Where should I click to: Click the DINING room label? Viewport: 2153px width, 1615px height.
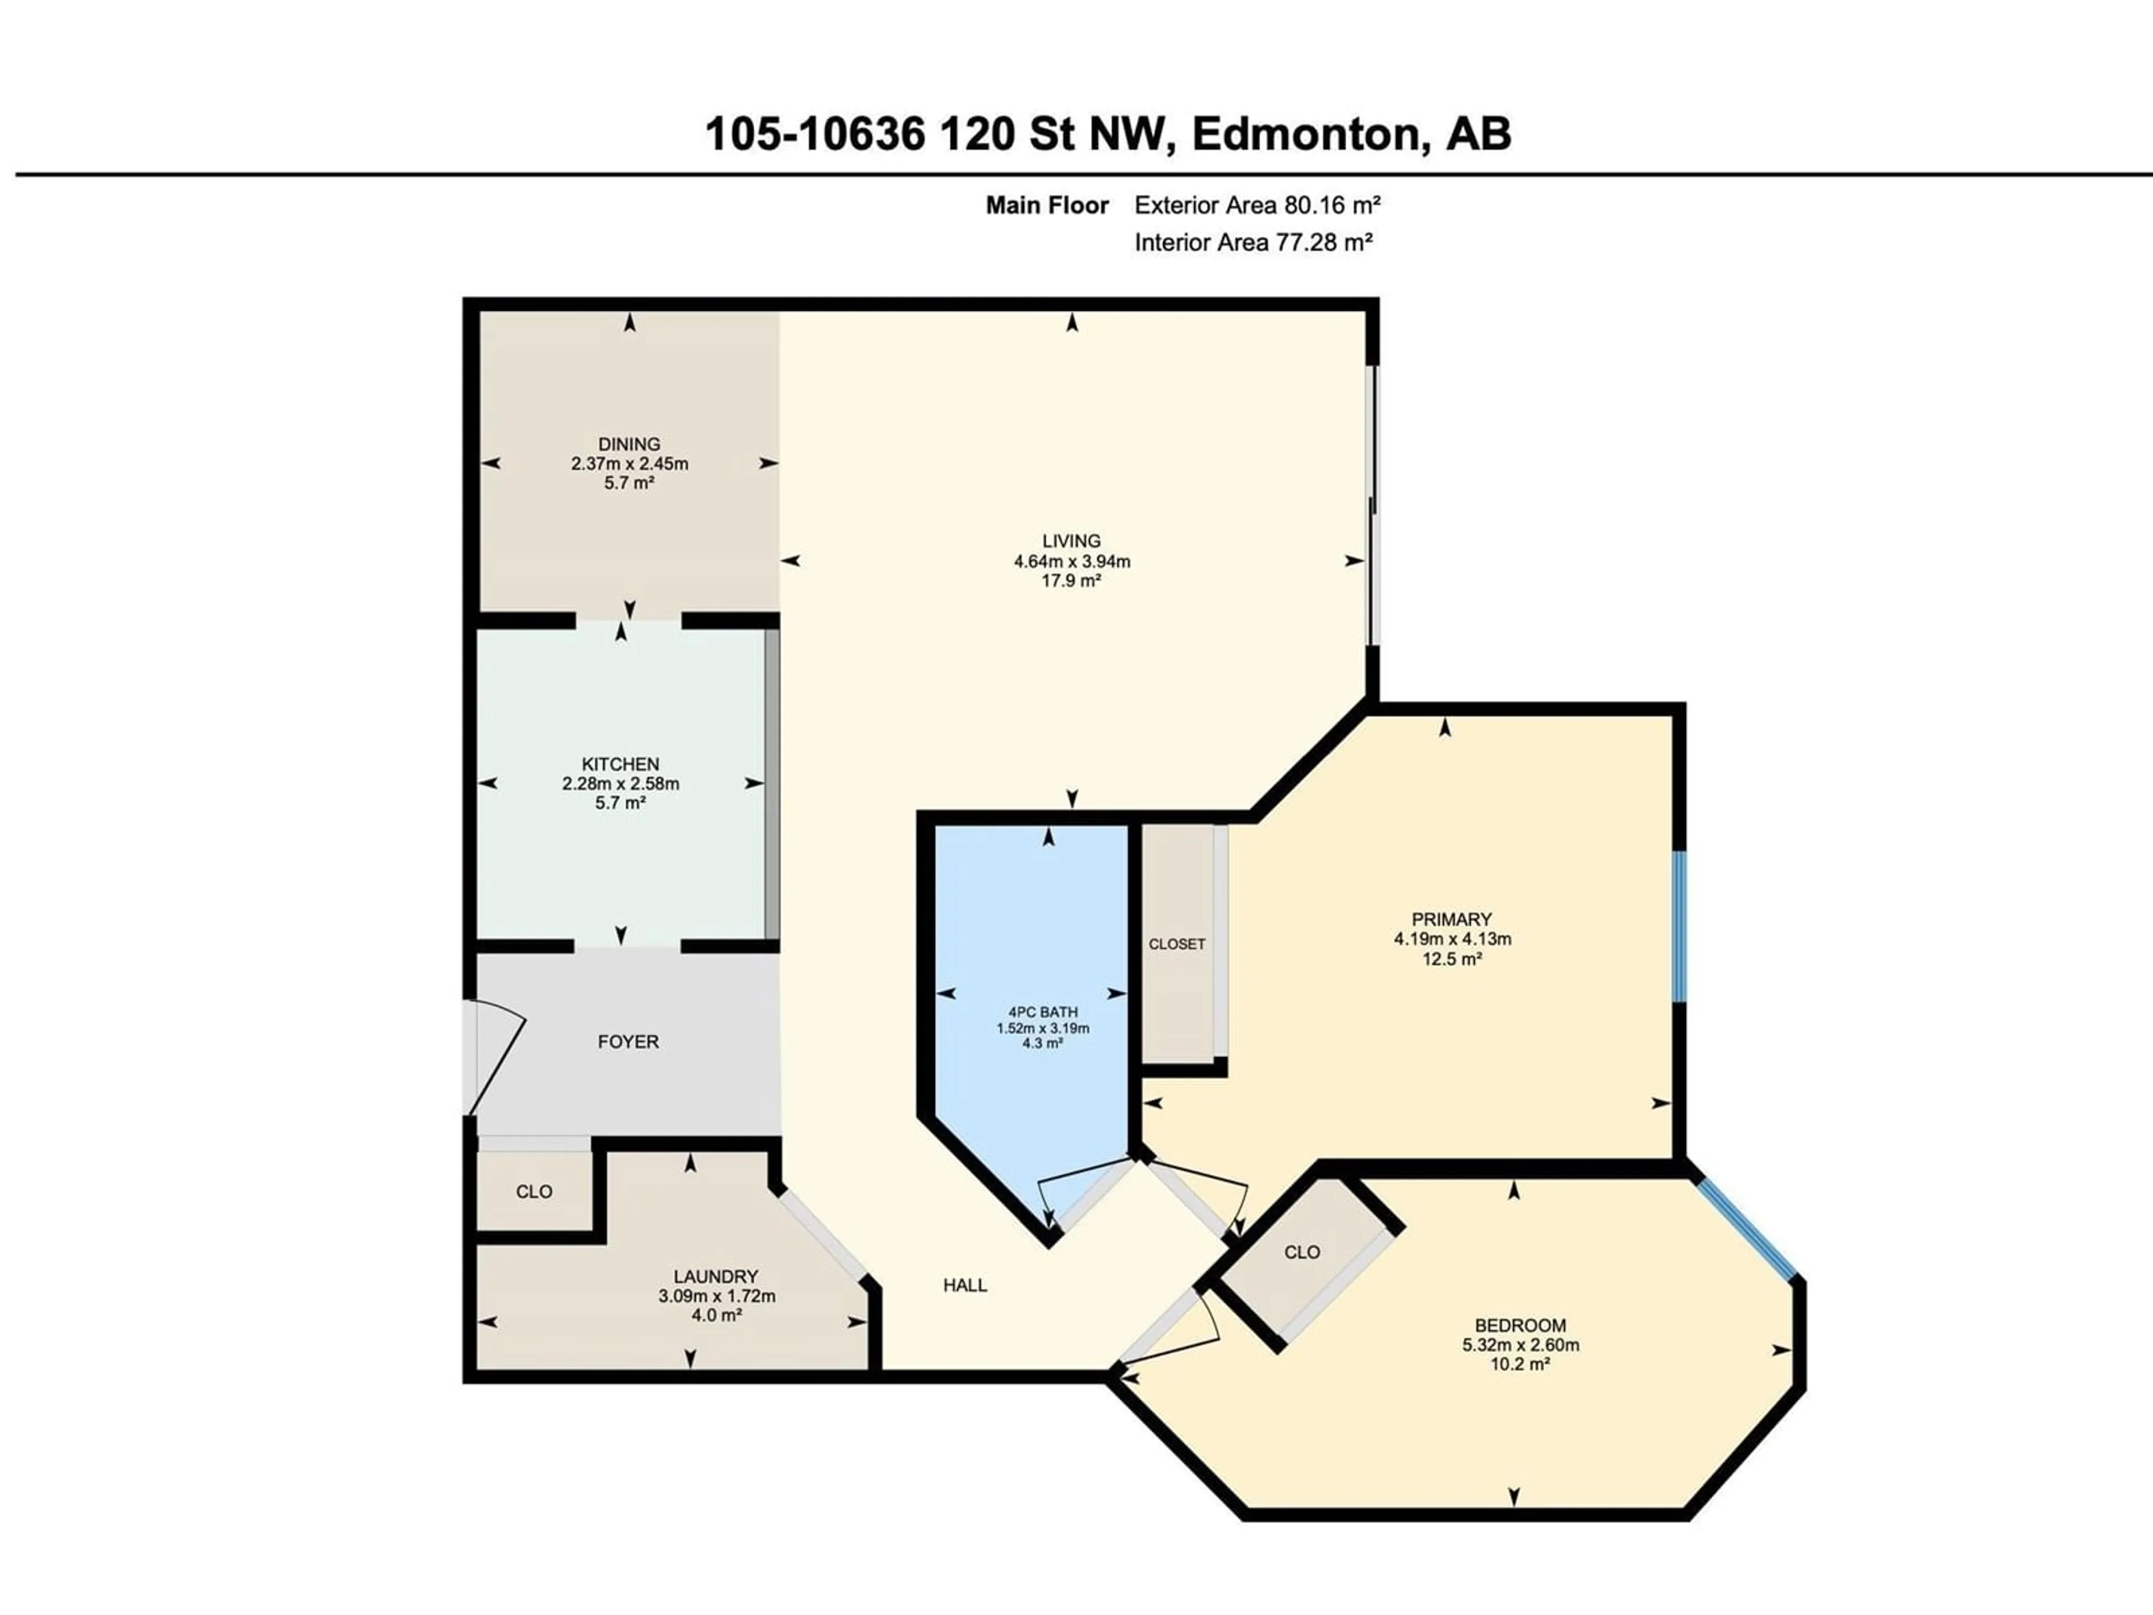[x=629, y=444]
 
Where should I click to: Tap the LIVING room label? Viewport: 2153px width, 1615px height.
[x=1071, y=541]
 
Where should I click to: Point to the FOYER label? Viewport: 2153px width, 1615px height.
[x=628, y=1042]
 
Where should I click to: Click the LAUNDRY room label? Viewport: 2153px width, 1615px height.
[x=715, y=1276]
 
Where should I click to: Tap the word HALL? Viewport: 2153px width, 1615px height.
[x=964, y=1285]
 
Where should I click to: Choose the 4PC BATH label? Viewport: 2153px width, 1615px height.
[x=1042, y=1012]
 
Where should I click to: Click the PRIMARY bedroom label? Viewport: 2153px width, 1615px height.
[x=1451, y=919]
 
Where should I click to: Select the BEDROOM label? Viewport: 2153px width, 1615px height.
[x=1521, y=1325]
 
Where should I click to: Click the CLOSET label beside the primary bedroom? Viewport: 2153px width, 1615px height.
[x=1177, y=944]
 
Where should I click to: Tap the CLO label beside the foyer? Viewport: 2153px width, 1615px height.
[x=533, y=1192]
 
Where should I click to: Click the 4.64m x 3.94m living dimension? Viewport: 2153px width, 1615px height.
[x=1071, y=562]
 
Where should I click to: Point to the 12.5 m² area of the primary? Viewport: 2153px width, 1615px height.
[x=1451, y=959]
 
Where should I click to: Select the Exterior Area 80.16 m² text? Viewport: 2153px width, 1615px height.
[x=1258, y=205]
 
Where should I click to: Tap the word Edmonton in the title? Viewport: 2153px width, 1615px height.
[x=1304, y=135]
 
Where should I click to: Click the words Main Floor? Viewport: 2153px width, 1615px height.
[x=1047, y=205]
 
